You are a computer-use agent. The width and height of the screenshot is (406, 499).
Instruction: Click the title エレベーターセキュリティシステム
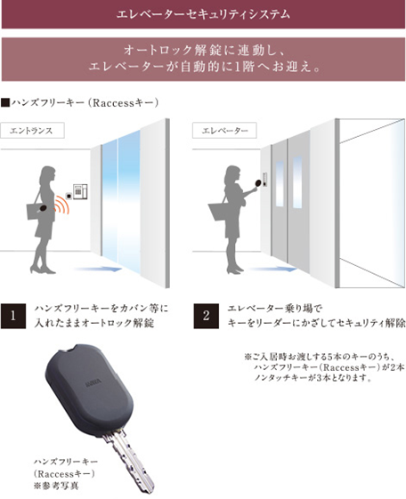(204, 14)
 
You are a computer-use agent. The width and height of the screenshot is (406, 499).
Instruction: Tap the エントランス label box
(37, 130)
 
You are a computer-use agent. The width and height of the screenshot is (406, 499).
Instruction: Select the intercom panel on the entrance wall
(80, 189)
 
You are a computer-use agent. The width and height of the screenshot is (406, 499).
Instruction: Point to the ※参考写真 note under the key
(55, 487)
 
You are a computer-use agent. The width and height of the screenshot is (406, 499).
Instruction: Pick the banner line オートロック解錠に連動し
(204, 51)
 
